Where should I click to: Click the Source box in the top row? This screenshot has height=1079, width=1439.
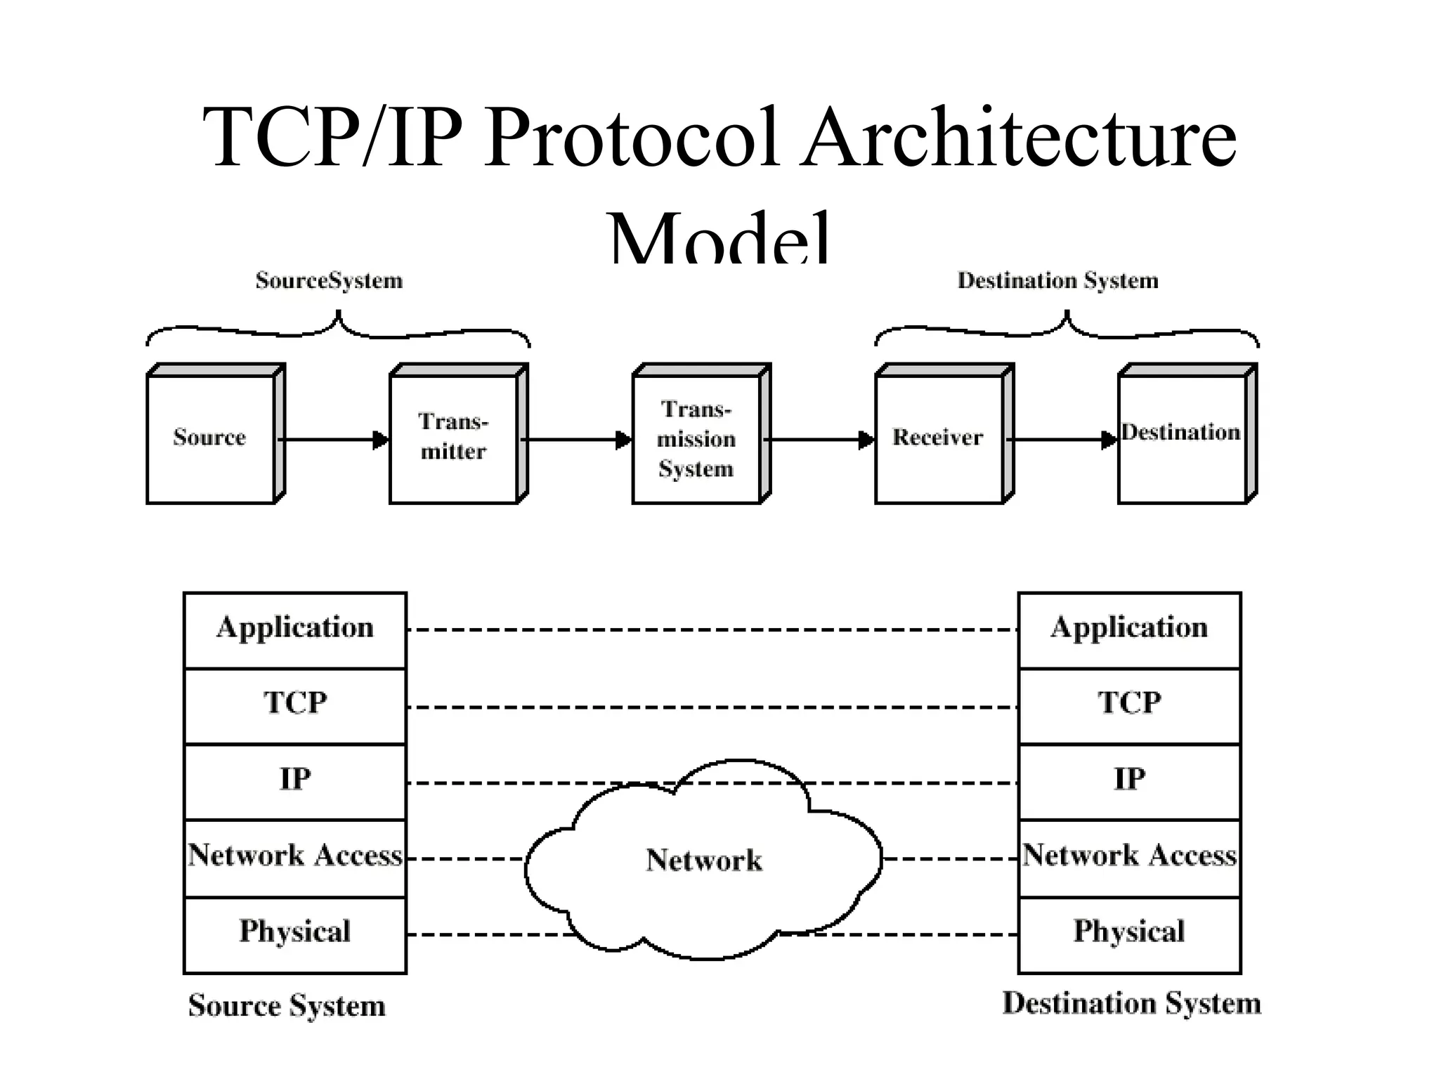(210, 438)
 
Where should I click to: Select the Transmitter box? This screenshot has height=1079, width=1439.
(453, 438)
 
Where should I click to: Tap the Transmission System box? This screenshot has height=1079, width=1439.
(696, 438)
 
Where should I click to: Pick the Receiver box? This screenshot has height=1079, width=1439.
(939, 438)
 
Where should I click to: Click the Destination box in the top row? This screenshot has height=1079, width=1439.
(1182, 438)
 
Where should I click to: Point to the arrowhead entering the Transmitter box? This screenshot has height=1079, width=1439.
(381, 440)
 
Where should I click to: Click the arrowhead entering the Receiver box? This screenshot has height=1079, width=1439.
(866, 440)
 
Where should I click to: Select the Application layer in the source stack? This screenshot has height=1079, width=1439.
(295, 629)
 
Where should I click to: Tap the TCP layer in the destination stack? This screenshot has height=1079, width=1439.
(1129, 705)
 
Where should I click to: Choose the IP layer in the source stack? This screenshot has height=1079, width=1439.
(295, 780)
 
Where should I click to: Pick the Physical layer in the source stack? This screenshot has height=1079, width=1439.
(295, 933)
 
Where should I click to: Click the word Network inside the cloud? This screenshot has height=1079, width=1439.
(704, 861)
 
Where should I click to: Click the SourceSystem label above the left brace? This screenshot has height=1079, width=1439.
(329, 281)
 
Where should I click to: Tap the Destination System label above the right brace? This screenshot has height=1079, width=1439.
(1057, 281)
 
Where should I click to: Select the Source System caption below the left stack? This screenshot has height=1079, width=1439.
(287, 1006)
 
